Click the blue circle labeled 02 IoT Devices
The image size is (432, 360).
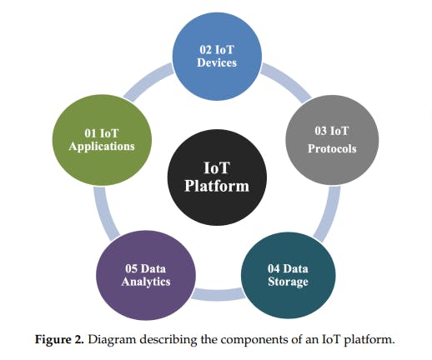click(217, 57)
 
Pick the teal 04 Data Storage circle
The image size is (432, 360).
click(288, 274)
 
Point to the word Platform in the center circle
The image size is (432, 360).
click(216, 186)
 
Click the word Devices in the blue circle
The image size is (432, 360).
click(217, 63)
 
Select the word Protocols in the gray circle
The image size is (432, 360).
click(331, 149)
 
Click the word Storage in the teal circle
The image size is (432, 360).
click(288, 282)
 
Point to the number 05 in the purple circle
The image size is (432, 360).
click(128, 267)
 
